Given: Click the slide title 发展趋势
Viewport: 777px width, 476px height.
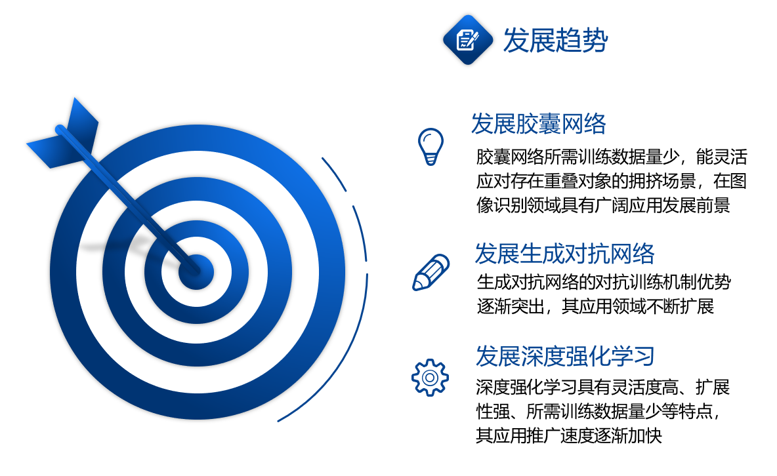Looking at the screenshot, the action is (x=555, y=39).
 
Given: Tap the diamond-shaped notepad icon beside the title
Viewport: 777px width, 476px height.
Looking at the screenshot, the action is (x=468, y=39).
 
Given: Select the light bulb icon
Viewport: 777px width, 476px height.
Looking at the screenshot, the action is (x=430, y=147).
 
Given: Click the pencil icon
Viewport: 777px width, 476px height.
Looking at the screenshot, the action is (x=430, y=272).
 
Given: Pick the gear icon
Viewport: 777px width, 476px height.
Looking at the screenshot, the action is (x=430, y=378).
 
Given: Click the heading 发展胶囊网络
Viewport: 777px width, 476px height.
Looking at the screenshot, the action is (x=538, y=123).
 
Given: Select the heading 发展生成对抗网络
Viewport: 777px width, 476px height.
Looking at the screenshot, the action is (x=564, y=254).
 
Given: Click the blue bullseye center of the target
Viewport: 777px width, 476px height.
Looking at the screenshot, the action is (x=196, y=272).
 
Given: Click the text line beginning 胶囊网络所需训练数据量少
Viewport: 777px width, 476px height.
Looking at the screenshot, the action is (x=612, y=157).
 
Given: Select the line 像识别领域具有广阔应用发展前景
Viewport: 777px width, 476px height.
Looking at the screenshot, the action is (x=603, y=205).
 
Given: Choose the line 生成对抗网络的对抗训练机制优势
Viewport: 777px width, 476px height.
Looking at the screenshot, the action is (x=604, y=282).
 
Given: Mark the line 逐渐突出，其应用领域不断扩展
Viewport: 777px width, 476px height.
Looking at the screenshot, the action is (x=595, y=306).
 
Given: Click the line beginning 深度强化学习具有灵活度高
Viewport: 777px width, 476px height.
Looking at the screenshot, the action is (x=602, y=387).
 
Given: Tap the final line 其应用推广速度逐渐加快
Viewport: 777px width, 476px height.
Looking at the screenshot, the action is (x=569, y=435).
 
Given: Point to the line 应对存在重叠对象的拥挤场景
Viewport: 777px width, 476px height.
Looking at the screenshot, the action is (x=612, y=181).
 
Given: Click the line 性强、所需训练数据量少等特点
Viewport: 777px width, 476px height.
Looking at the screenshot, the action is (x=598, y=411).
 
